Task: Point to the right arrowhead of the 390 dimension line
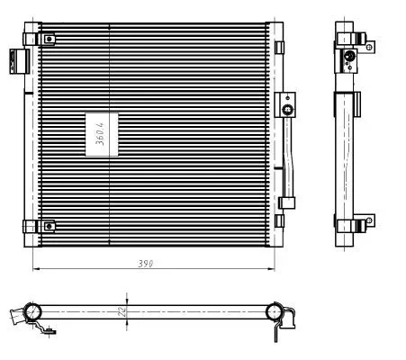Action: click(x=273, y=268)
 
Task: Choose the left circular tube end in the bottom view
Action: click(x=32, y=311)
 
